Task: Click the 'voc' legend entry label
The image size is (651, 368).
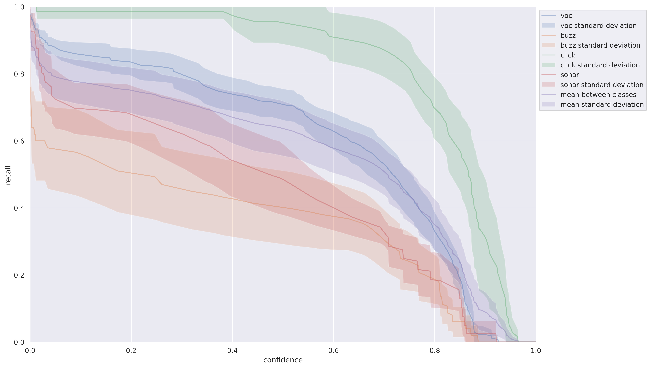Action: (566, 16)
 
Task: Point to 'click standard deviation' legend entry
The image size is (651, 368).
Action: (600, 65)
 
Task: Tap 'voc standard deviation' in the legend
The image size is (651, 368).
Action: (598, 26)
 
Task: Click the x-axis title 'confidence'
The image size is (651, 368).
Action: (283, 360)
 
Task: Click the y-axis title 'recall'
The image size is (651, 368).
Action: (8, 175)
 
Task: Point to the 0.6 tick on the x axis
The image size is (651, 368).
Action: (333, 351)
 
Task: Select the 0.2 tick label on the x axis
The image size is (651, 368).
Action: (131, 351)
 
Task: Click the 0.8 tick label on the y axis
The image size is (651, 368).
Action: (19, 74)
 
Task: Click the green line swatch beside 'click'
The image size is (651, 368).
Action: (548, 55)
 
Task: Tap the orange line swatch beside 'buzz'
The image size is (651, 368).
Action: (548, 35)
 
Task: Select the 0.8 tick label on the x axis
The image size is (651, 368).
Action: (434, 351)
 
